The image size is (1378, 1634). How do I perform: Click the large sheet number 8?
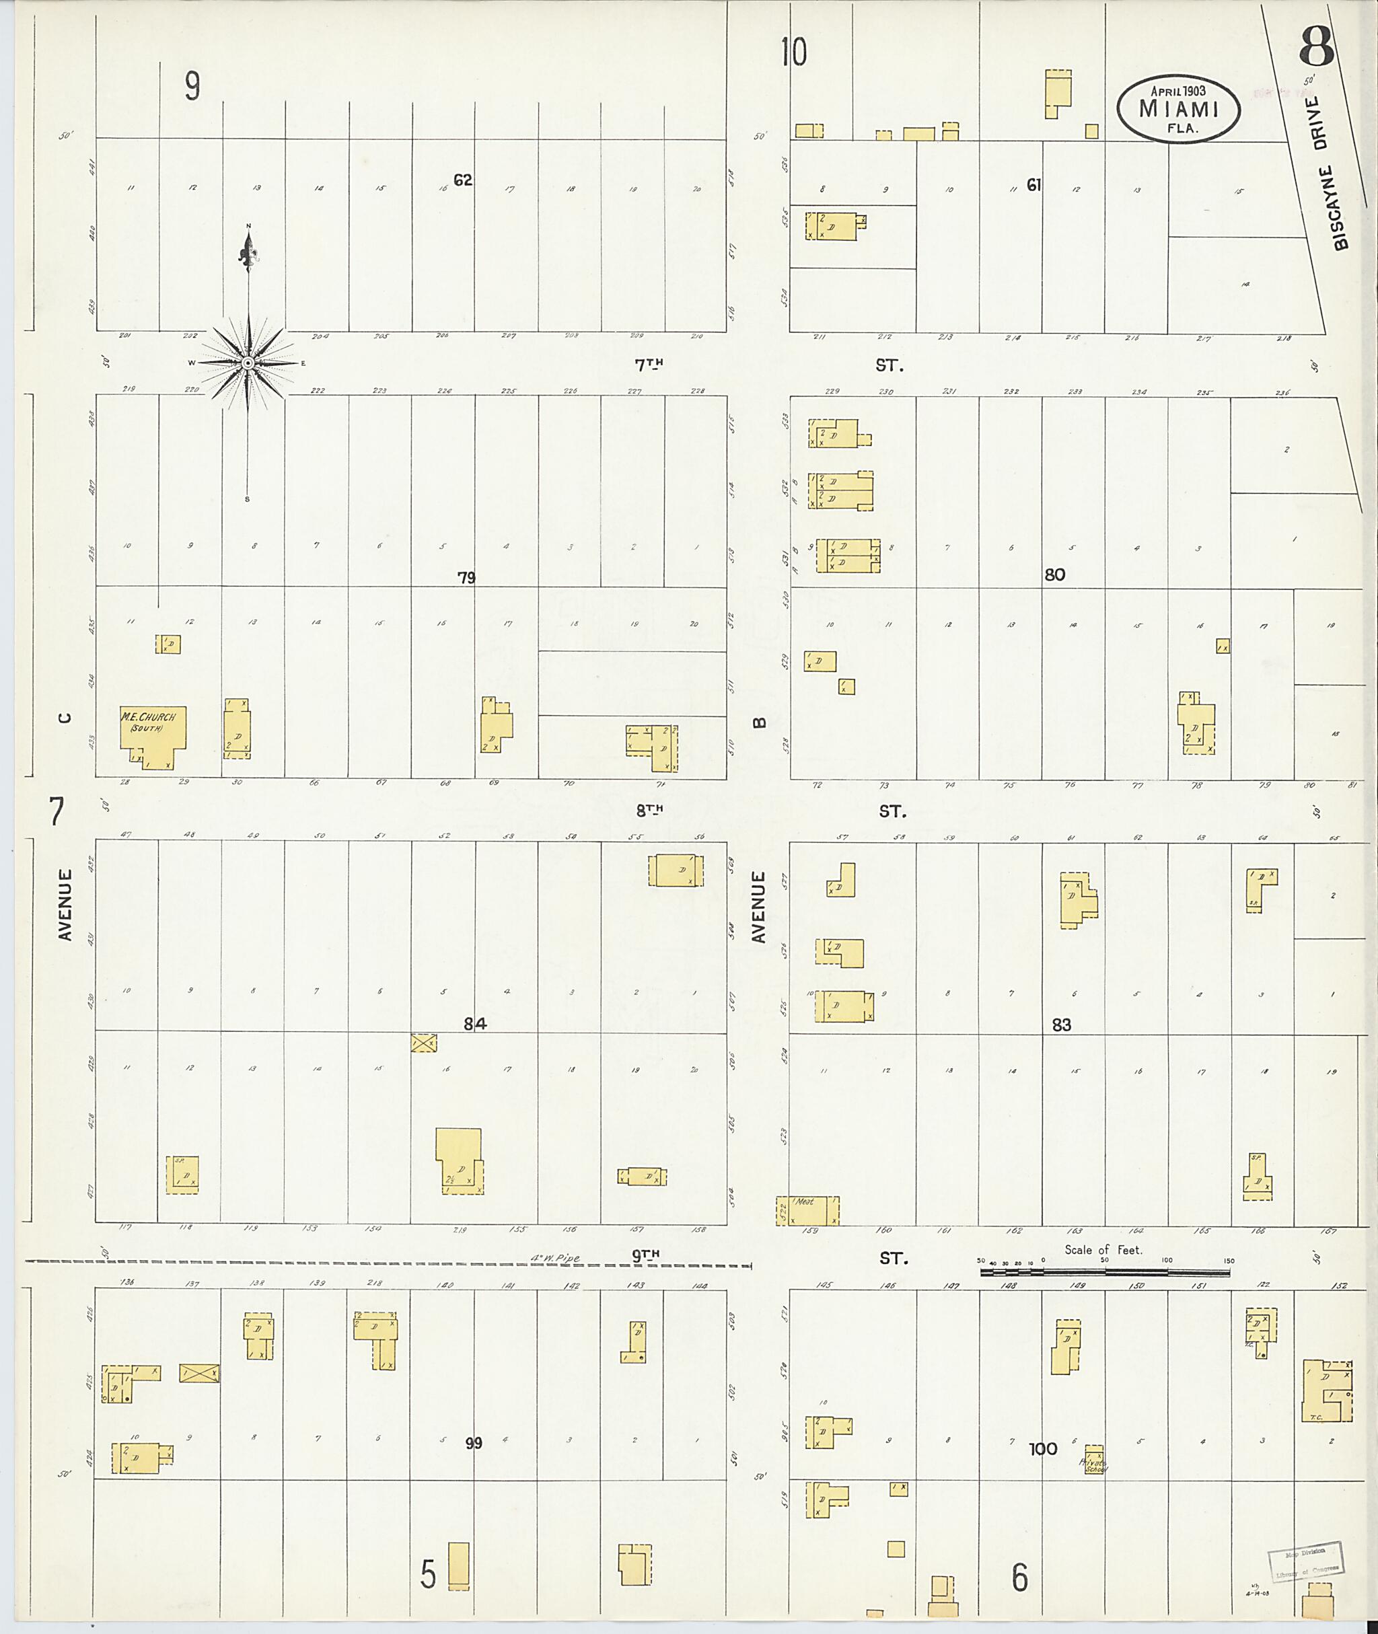tap(1317, 48)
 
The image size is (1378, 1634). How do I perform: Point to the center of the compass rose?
tap(248, 363)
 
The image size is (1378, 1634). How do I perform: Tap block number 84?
tap(475, 1023)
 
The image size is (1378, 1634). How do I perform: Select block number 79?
tap(466, 578)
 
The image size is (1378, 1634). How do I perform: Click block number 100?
tap(1043, 1449)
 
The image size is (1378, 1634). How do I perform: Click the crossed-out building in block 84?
tap(424, 1042)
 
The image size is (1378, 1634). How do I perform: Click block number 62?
tap(463, 180)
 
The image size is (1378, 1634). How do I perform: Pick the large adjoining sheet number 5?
tap(428, 1574)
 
